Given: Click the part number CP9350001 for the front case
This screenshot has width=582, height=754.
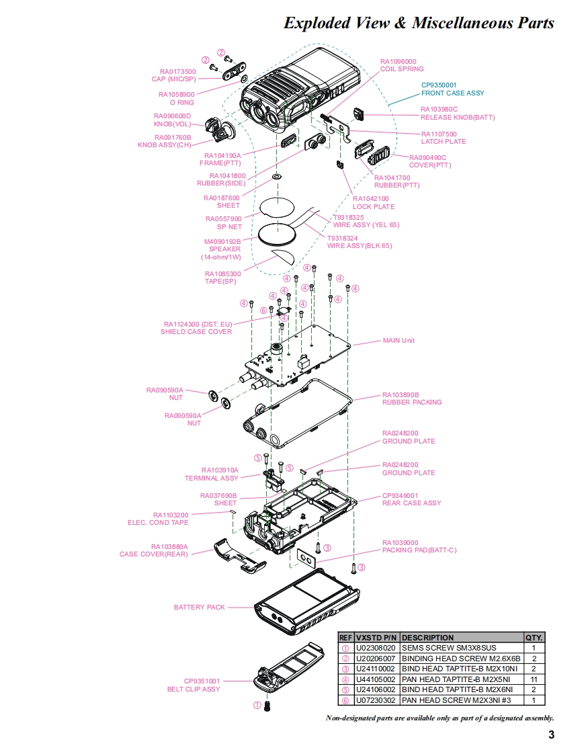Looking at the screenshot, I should coord(441,85).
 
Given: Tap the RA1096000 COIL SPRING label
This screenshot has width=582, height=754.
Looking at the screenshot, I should coord(402,65).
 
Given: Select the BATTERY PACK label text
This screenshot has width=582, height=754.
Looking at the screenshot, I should coord(200,608).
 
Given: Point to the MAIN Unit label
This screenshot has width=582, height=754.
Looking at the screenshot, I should coord(399,341).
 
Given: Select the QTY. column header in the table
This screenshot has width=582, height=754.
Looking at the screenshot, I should coord(534,638).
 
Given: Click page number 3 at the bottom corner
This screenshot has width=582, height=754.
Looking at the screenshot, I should coord(551,735).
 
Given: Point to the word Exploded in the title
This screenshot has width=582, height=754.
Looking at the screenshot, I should coord(317,24).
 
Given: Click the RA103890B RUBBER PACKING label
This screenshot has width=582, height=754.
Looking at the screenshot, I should coord(412,399).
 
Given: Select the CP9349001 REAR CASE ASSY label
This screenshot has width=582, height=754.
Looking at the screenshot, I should coord(411,499).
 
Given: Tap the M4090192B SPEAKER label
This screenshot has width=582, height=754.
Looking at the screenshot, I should coord(222,249).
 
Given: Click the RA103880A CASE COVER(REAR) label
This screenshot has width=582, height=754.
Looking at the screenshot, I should coord(154,550).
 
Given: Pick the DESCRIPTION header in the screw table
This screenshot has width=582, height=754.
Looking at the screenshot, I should coord(427,638).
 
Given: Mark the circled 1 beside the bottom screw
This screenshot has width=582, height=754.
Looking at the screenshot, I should coord(256,706).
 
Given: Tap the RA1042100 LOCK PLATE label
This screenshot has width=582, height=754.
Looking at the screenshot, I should coord(374,202).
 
